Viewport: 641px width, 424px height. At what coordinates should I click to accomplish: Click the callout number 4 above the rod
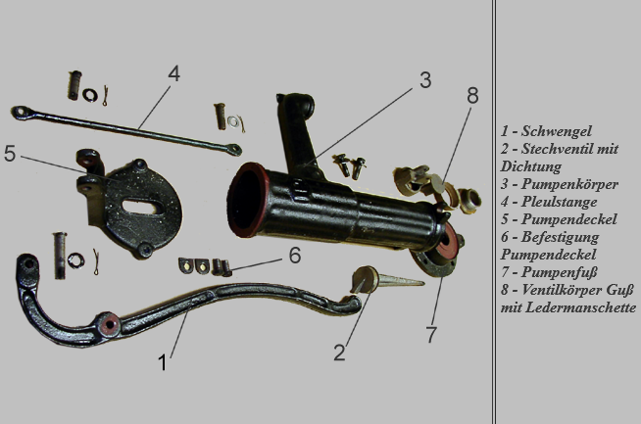point(173,74)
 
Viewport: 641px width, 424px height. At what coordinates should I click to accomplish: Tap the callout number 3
point(425,80)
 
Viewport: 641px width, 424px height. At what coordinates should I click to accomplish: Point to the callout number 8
point(472,96)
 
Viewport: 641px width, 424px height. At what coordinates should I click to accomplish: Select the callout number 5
point(10,154)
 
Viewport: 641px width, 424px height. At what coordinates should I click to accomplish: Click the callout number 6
point(295,256)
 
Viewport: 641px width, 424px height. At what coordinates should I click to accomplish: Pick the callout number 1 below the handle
point(163,362)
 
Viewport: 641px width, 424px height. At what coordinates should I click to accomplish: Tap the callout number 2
point(339,353)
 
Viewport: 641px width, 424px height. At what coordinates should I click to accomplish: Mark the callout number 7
point(431,335)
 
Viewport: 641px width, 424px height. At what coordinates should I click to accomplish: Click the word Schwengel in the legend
point(557,131)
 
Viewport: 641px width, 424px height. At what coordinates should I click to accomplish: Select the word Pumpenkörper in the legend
point(569,184)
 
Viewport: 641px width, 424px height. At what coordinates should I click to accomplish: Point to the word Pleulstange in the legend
point(559,202)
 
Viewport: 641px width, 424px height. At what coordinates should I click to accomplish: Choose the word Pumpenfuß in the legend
point(560,272)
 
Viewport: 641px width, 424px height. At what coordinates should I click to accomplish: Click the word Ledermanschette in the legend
point(580,307)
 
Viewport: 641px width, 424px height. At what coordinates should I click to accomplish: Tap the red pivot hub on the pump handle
point(110,324)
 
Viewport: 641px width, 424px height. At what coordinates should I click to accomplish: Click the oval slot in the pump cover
point(141,207)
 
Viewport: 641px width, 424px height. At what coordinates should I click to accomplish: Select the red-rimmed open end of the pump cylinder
point(248,200)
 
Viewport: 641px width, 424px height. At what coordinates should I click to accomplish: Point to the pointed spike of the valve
point(401,280)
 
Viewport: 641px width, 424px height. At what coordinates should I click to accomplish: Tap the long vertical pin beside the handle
point(60,256)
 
